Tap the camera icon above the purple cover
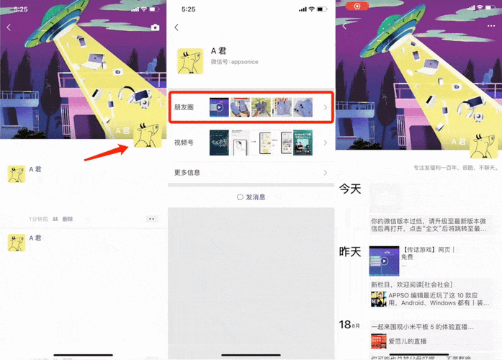tap(154, 27)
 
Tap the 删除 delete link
tap(67, 219)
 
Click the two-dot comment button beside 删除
tap(151, 218)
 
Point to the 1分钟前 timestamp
tap(37, 219)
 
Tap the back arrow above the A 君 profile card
tap(177, 27)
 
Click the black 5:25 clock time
tap(189, 9)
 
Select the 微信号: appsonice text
tap(234, 63)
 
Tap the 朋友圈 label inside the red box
tap(184, 107)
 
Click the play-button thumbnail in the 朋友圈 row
tap(219, 107)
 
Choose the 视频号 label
tap(184, 143)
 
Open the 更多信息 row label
tap(187, 173)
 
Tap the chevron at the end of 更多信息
tap(325, 173)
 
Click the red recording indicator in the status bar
tap(354, 6)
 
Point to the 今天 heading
tap(350, 189)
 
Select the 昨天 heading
tap(350, 252)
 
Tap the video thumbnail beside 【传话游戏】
tap(384, 261)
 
